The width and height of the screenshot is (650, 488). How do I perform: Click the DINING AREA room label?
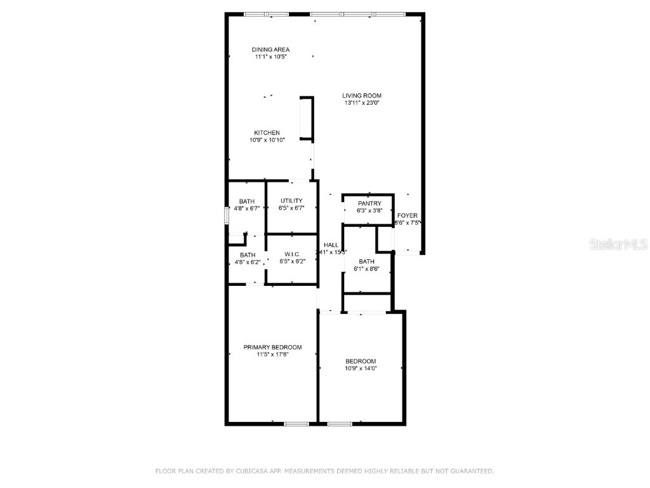tap(271, 50)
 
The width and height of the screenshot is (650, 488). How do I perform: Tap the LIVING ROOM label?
tap(362, 96)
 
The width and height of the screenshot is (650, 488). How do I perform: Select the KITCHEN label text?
tap(267, 133)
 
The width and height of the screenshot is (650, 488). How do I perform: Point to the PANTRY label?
tap(369, 203)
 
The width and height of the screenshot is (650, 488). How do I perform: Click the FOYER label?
tap(408, 216)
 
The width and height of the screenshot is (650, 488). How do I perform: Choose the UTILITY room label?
tap(291, 201)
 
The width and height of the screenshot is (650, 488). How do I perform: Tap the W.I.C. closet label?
tap(292, 254)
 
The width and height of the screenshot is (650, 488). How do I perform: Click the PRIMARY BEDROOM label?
tap(272, 348)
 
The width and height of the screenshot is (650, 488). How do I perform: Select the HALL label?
tap(331, 245)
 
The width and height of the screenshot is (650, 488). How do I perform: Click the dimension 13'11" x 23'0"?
tap(362, 103)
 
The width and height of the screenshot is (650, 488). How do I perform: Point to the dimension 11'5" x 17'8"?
tap(272, 355)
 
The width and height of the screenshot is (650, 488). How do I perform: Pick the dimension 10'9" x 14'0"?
tap(361, 369)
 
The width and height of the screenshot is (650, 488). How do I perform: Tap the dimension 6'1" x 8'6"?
tap(366, 269)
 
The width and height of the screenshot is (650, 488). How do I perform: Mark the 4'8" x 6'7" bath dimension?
tap(247, 208)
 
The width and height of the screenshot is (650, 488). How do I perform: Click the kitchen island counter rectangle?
tap(307, 118)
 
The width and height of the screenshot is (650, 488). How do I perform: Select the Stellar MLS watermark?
tap(618, 244)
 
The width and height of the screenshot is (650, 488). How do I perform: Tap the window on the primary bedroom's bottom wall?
tap(296, 424)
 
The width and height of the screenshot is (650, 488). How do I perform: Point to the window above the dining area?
tap(266, 14)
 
